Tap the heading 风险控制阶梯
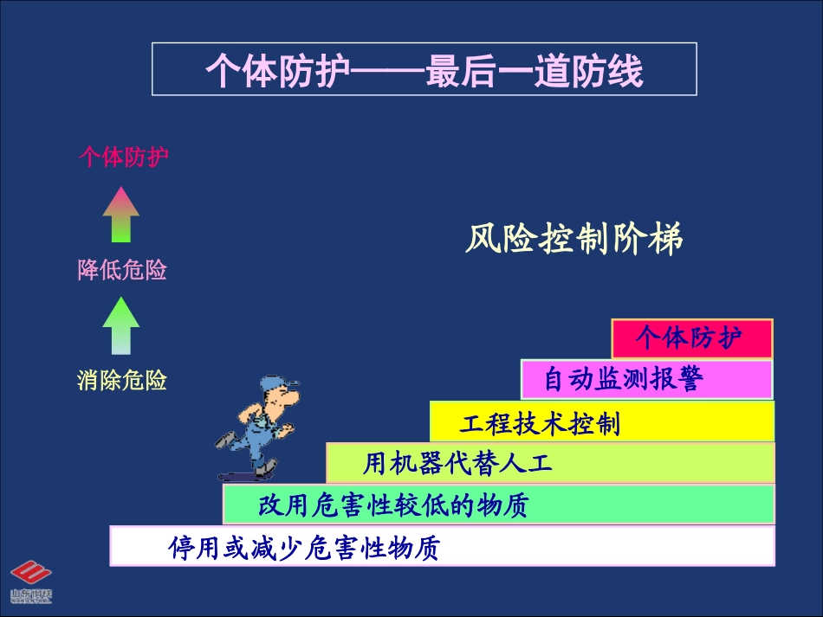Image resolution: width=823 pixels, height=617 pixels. click(574, 239)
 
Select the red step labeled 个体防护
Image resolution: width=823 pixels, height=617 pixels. click(690, 338)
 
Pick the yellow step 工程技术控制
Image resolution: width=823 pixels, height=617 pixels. click(601, 422)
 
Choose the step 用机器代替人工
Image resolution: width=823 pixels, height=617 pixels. click(549, 463)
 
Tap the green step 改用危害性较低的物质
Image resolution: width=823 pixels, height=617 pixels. click(497, 505)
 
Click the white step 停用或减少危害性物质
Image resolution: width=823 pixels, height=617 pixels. click(441, 547)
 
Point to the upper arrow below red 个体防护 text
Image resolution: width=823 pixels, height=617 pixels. click(120, 215)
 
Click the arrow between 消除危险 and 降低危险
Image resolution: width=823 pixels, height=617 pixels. click(120, 325)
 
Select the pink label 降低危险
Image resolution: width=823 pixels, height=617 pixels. click(122, 270)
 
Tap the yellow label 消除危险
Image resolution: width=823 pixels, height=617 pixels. click(122, 380)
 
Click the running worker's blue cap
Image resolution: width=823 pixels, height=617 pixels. click(279, 384)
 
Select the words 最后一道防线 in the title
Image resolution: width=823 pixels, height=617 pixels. click(535, 71)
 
